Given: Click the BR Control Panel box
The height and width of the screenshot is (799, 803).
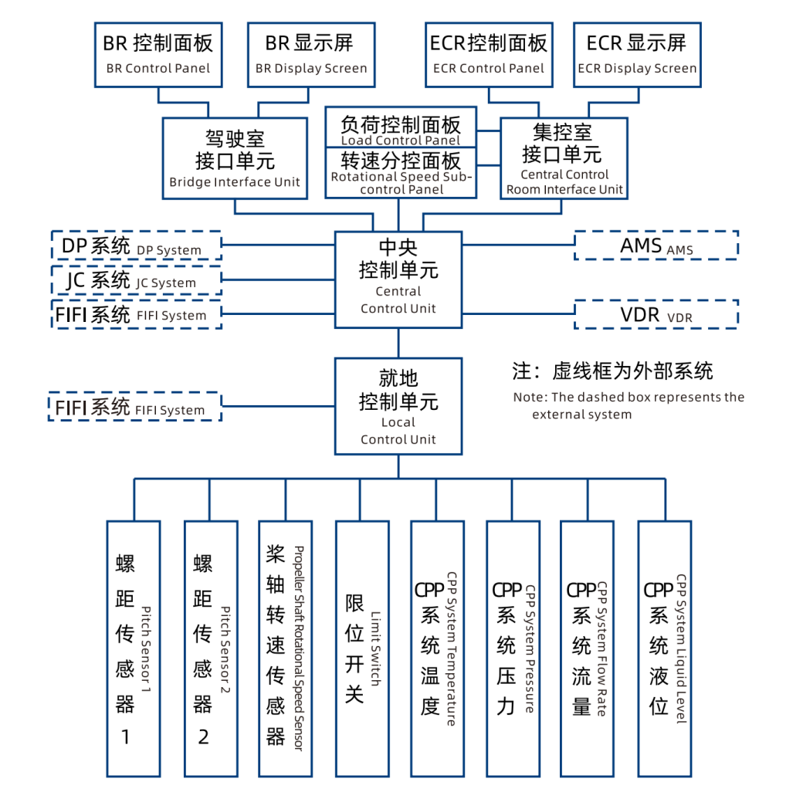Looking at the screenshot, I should pyautogui.click(x=158, y=53).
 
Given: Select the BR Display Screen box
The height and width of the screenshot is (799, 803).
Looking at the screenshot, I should pyautogui.click(x=311, y=53).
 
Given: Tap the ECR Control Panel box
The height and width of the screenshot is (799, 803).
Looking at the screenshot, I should pyautogui.click(x=488, y=53).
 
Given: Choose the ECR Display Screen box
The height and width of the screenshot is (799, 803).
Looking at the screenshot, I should pyautogui.click(x=637, y=53).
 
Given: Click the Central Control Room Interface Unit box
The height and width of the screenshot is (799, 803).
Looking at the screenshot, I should pyautogui.click(x=564, y=158).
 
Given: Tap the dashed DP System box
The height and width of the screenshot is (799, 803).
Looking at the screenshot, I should pyautogui.click(x=136, y=245).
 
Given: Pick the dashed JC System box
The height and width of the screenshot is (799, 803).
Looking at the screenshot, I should pyautogui.click(x=136, y=279).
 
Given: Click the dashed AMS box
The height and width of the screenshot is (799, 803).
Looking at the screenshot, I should pyautogui.click(x=656, y=245).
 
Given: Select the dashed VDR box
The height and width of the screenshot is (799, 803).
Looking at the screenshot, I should pyautogui.click(x=656, y=314).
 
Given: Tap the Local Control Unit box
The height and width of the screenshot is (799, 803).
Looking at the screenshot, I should pyautogui.click(x=398, y=405).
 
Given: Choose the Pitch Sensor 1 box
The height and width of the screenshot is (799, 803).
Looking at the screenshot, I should pyautogui.click(x=134, y=648).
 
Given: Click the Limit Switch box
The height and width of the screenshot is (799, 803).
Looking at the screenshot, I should pyautogui.click(x=361, y=648).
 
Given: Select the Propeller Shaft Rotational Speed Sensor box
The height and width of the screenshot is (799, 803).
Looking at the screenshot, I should pyautogui.click(x=286, y=648).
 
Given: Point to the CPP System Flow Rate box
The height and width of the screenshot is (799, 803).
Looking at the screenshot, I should pyautogui.click(x=587, y=648).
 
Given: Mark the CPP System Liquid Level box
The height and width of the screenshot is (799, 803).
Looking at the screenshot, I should pyautogui.click(x=664, y=648).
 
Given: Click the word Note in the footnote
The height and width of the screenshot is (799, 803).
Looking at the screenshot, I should pyautogui.click(x=528, y=398).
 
